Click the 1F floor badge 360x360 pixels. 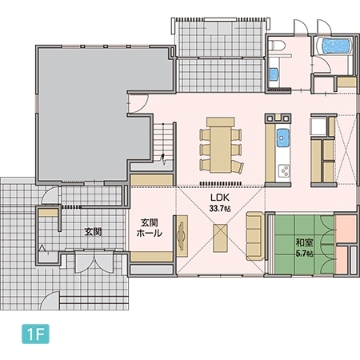click(35, 334)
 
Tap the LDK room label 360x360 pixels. click(220, 198)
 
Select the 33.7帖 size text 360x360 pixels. click(220, 209)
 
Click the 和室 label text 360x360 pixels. click(304, 242)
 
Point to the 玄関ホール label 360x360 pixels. click(150, 228)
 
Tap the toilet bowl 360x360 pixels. click(277, 46)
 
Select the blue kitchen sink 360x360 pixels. click(283, 138)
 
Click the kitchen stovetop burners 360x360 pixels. click(284, 170)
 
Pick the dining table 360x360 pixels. click(221, 146)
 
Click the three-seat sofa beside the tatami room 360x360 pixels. click(255, 236)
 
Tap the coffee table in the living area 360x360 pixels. click(220, 238)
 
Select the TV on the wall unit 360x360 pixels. click(182, 236)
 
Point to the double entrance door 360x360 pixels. click(94, 262)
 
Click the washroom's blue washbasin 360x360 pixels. click(274, 74)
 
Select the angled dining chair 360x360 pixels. click(238, 167)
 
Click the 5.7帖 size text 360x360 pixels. click(304, 254)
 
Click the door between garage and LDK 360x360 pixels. click(138, 103)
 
